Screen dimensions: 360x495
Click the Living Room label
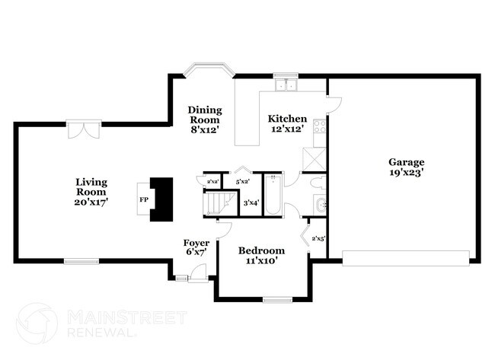(x=91, y=187)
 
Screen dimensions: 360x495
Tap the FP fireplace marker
(x=144, y=199)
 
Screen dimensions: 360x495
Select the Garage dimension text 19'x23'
(x=406, y=173)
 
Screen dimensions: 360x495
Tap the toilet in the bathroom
(x=318, y=183)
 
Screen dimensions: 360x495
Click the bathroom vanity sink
(x=321, y=203)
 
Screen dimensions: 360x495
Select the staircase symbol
(x=219, y=202)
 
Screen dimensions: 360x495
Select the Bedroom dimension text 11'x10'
(x=261, y=261)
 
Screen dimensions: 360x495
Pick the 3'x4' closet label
(x=251, y=202)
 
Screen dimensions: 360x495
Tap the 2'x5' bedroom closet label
(x=318, y=238)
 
